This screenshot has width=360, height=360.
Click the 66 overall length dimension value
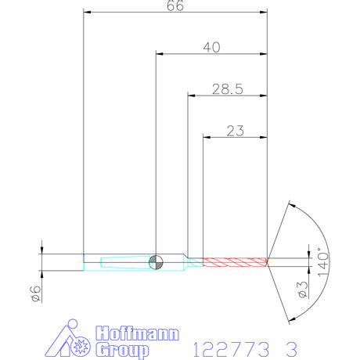pyautogui.click(x=175, y=6)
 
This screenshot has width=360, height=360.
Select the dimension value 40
pyautogui.click(x=211, y=47)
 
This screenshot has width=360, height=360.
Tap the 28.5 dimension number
pyautogui.click(x=227, y=89)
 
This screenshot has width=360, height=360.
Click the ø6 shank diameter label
pyautogui.click(x=34, y=293)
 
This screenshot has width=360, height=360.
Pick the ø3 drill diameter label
pyautogui.click(x=303, y=289)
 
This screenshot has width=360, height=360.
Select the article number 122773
pyautogui.click(x=232, y=344)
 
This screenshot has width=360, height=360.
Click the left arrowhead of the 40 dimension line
pyautogui.click(x=160, y=55)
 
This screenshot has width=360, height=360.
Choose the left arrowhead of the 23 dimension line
pyautogui.click(x=207, y=138)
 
